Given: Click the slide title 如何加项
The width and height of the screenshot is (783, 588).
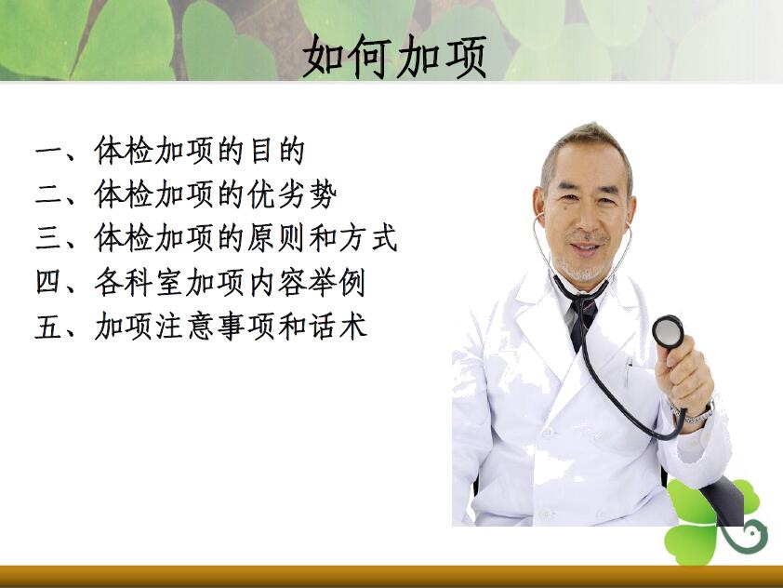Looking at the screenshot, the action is pyautogui.click(x=394, y=57).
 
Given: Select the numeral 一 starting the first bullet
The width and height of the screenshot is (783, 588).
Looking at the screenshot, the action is pyautogui.click(x=50, y=151).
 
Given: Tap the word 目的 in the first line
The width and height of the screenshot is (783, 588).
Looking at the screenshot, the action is pyautogui.click(x=278, y=151).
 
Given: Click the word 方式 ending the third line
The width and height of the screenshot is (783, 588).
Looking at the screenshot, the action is pyautogui.click(x=369, y=238).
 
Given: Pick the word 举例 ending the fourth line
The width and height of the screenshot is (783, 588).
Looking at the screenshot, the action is pyautogui.click(x=338, y=282).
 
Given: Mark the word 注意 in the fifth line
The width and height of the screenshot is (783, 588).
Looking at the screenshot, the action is pyautogui.click(x=183, y=326).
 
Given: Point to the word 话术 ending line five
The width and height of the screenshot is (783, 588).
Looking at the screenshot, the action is pyautogui.click(x=338, y=326).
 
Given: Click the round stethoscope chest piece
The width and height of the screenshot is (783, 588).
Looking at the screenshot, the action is pyautogui.click(x=668, y=331).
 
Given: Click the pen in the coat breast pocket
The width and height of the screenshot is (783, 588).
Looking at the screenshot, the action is pyautogui.click(x=629, y=369).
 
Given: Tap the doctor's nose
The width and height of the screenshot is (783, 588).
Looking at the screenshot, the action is pyautogui.click(x=586, y=217).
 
